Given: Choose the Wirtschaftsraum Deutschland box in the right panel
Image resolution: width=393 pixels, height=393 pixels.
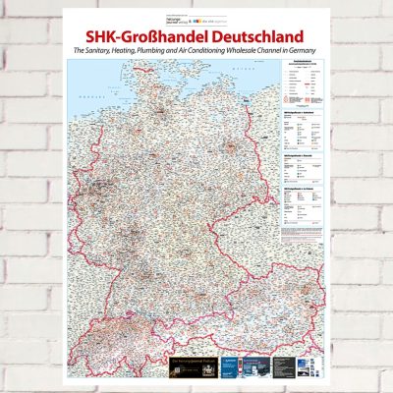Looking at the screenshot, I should [305, 134].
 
